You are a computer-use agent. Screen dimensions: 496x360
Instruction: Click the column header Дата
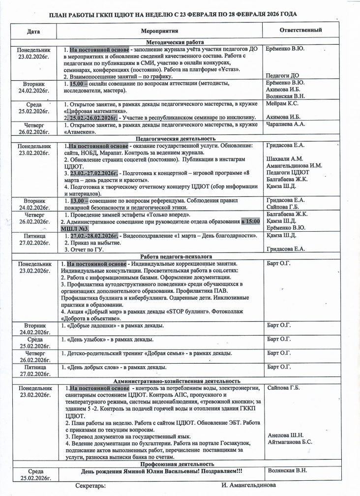pyautogui.click(x=33, y=31)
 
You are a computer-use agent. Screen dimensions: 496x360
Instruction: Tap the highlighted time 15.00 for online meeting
pyautogui.click(x=79, y=84)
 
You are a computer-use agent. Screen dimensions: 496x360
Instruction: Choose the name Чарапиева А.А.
pyautogui.click(x=285, y=124)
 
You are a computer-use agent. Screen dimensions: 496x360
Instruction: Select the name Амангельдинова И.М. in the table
pyautogui.click(x=294, y=166)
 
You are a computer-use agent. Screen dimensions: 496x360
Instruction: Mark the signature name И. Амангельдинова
pyautogui.click(x=248, y=486)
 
